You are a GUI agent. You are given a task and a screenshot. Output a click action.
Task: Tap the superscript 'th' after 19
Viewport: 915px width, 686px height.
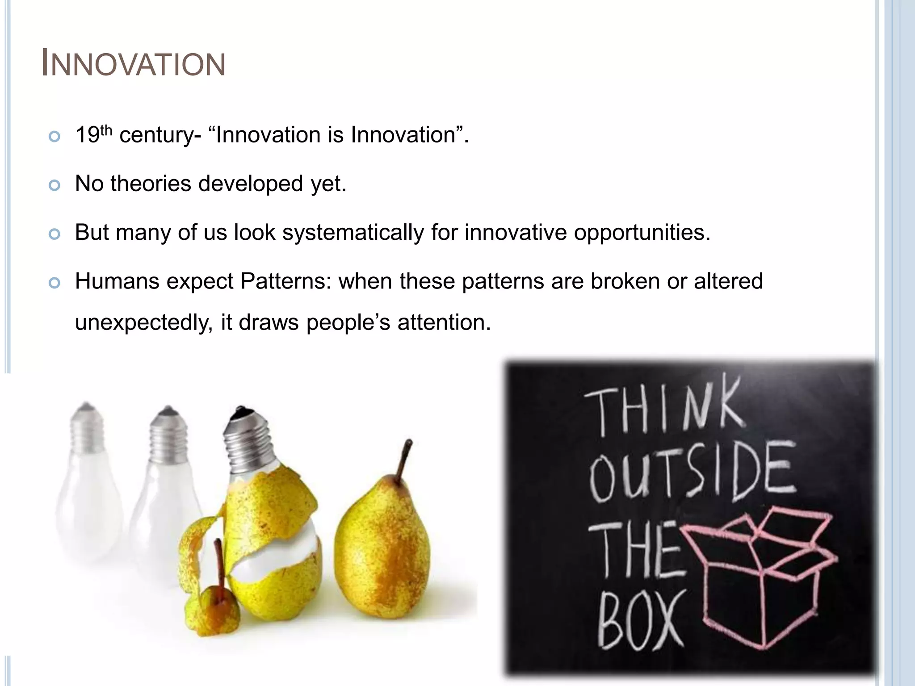(106, 130)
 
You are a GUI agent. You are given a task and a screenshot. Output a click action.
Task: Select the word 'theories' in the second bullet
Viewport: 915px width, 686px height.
(151, 184)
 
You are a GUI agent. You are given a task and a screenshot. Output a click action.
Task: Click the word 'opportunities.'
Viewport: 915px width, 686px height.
(642, 233)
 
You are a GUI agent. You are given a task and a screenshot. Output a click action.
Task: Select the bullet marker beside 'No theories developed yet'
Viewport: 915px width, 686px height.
(55, 185)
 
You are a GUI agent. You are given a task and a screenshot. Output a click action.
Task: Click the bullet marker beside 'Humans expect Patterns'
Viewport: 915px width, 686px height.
(55, 283)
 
